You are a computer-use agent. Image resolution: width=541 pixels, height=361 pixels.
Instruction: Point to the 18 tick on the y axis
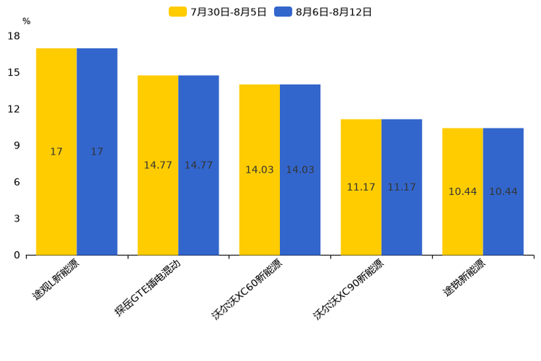pyautogui.click(x=14, y=36)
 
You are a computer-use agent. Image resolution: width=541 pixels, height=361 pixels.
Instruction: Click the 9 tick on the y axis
pyautogui.click(x=17, y=146)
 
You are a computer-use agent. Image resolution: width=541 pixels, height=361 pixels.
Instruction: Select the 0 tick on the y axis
pyautogui.click(x=17, y=255)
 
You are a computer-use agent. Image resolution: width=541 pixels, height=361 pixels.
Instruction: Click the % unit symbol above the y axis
pyautogui.click(x=26, y=21)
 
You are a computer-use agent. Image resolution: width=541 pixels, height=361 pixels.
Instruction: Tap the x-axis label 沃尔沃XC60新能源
pyautogui.click(x=247, y=289)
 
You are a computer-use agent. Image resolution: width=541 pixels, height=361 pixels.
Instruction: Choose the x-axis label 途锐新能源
pyautogui.click(x=465, y=277)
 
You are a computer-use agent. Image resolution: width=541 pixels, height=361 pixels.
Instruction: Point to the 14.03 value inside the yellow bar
pyautogui.click(x=260, y=170)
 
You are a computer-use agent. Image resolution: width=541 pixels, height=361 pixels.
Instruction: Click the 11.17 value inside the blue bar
pyautogui.click(x=401, y=187)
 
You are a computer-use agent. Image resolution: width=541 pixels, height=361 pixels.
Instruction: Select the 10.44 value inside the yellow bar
pyautogui.click(x=462, y=191)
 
